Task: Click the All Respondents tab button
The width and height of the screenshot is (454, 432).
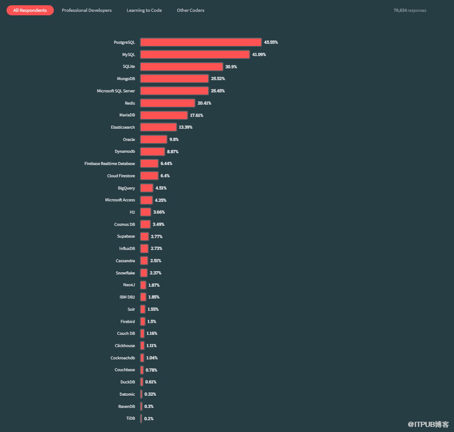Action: [x=30, y=10]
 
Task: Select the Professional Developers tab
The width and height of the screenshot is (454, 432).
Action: [x=87, y=10]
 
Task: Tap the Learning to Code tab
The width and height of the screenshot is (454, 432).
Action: [x=144, y=10]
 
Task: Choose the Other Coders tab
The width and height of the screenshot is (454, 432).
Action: [x=191, y=10]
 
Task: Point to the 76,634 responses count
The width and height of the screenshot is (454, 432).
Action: [x=410, y=10]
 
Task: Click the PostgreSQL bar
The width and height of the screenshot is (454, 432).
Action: [x=201, y=42]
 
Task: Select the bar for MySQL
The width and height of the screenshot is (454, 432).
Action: [x=195, y=55]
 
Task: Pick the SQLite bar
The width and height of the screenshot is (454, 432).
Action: [x=182, y=67]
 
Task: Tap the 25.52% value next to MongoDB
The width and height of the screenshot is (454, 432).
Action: [x=218, y=79]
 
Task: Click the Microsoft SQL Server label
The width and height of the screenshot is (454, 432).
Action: [x=116, y=91]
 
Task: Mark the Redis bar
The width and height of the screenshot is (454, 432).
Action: [x=168, y=103]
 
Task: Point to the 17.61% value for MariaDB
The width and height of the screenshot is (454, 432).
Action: [x=196, y=115]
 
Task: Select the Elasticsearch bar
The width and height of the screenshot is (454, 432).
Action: [x=159, y=127]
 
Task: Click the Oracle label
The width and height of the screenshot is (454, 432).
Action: [x=129, y=139]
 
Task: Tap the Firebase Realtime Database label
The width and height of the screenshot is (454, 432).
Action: [x=110, y=163]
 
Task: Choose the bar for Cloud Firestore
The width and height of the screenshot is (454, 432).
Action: [x=149, y=176]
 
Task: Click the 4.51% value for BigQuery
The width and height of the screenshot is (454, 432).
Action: [x=161, y=188]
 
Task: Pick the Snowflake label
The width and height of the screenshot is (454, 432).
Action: [x=125, y=273]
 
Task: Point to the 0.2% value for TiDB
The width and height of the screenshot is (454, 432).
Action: [x=149, y=419]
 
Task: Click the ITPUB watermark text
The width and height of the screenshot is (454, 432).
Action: [x=428, y=424]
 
